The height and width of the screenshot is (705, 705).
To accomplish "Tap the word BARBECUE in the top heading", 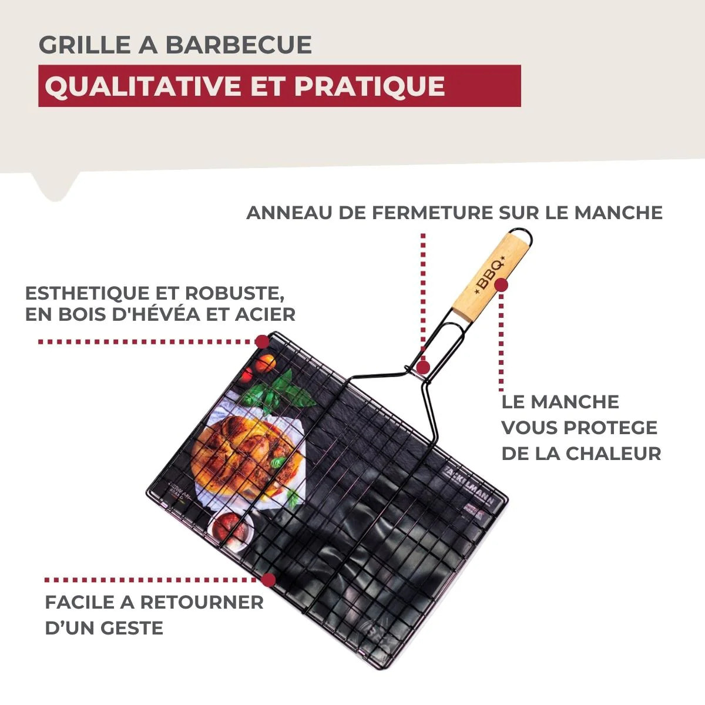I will pos(238,45).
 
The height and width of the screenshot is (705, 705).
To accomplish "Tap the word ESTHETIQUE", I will pos(85,293).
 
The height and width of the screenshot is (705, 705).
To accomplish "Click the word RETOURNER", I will pos(202,602).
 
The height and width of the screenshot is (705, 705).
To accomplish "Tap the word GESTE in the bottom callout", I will pos(134,628).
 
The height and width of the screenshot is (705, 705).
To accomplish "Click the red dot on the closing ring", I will pos(424,367).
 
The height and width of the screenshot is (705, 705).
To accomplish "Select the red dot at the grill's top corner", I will pos(262,341).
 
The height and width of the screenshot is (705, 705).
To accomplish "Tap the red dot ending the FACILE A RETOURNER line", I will pos(268,580).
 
